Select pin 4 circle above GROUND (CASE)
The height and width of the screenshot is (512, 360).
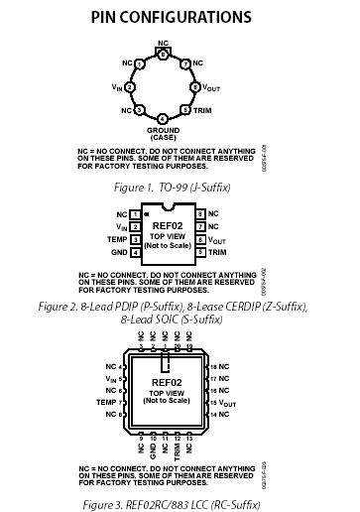pos(163,118)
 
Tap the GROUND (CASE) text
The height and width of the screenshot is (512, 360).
pos(164,133)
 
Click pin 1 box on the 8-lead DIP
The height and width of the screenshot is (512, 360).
pos(135,213)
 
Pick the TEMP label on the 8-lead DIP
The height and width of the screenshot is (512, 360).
pos(117,240)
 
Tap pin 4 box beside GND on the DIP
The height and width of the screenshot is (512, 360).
pos(135,253)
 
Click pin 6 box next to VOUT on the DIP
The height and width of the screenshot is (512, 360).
pos(199,240)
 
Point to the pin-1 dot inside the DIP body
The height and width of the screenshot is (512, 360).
pos(146,213)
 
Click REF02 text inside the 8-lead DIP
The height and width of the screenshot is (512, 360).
pos(168,226)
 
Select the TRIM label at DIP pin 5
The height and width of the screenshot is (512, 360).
pos(218,253)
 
